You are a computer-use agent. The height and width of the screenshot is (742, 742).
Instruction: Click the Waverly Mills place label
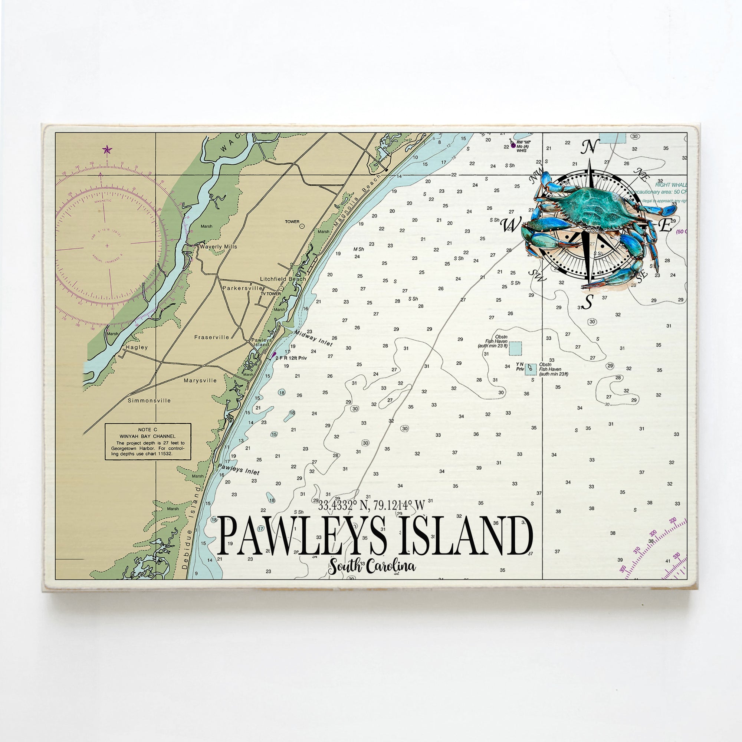pos(218,247)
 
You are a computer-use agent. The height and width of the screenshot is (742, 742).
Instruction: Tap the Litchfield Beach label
pos(283,279)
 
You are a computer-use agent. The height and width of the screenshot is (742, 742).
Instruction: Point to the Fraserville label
pos(211,337)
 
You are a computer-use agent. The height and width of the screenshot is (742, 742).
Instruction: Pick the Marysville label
pos(200,381)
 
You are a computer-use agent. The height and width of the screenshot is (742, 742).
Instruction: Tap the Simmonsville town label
pos(150,401)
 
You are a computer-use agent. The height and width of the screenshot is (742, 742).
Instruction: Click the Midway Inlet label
pos(313,338)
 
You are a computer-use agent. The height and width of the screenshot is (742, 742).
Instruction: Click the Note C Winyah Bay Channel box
pos(148,441)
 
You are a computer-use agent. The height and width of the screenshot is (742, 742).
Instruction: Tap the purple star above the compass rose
pos(107,150)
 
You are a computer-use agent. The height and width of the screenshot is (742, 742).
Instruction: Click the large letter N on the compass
pos(590,147)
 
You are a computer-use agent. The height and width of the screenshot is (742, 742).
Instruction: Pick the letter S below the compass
pos(587,302)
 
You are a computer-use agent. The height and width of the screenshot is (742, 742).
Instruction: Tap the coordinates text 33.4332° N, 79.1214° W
pos(371,506)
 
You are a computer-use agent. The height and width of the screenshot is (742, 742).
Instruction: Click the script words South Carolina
pos(372,567)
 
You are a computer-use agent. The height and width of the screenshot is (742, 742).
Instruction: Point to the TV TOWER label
pos(271,294)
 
